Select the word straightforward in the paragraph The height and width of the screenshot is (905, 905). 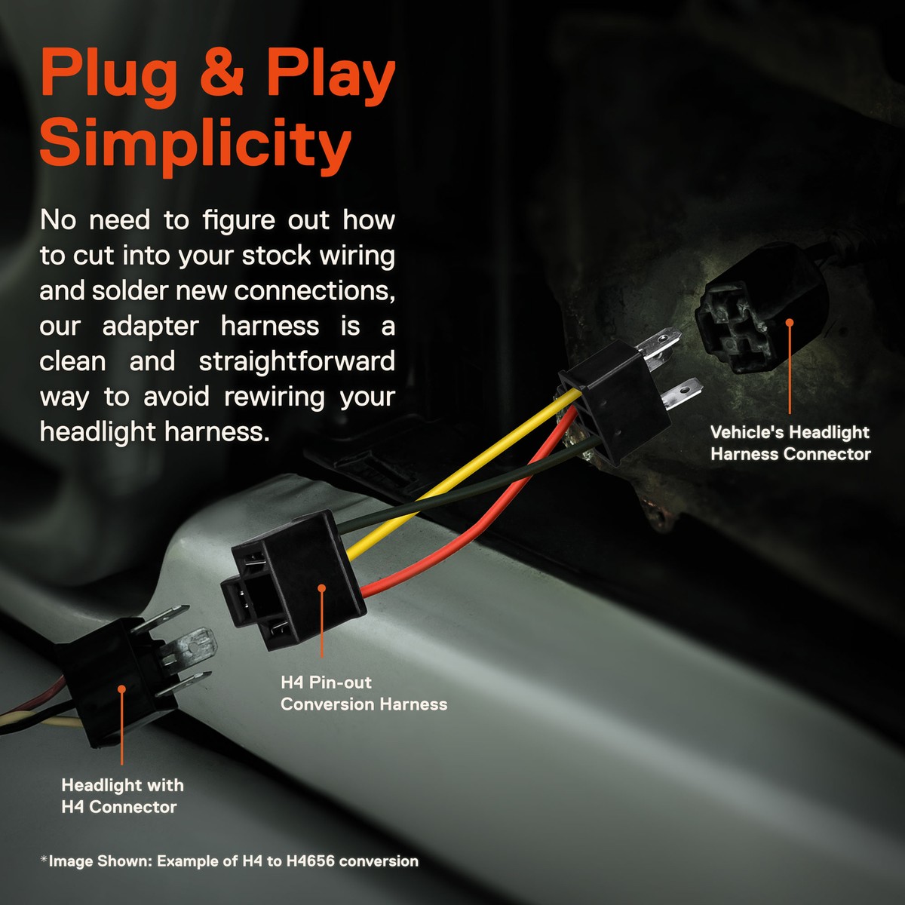(x=297, y=361)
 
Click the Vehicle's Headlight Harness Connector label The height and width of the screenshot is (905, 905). (x=790, y=443)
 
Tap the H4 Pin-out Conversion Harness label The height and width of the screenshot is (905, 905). (x=364, y=693)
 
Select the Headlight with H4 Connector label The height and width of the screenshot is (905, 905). (x=122, y=796)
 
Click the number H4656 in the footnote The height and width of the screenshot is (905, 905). (x=311, y=861)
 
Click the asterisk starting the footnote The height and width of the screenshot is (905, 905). (x=44, y=859)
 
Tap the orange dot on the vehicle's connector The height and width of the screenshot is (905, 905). (x=790, y=322)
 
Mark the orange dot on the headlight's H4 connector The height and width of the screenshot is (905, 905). (x=122, y=688)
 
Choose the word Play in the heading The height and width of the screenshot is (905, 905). (x=330, y=74)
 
